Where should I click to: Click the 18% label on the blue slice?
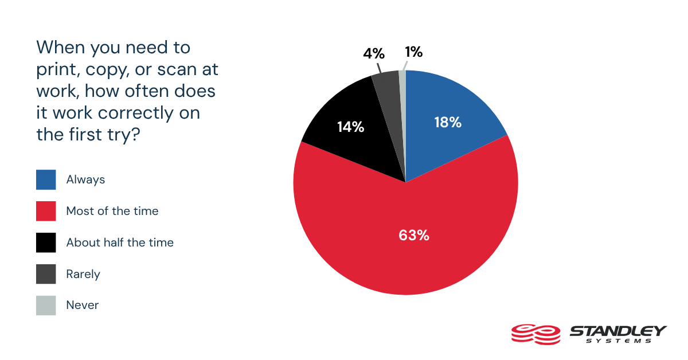coord(447,122)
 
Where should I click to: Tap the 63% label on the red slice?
coord(415,235)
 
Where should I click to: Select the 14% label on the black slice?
coord(350,127)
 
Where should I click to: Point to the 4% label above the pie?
coord(373,54)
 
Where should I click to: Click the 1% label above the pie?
coord(413,52)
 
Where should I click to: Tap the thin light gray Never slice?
coord(402,80)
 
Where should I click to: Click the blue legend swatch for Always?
coord(46,179)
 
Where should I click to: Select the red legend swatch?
coord(46,211)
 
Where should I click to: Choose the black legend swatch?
coord(46,242)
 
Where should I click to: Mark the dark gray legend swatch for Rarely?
coord(46,274)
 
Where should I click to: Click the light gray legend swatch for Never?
coord(46,306)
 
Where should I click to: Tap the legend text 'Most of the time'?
coord(112,211)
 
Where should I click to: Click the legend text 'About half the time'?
coord(120,242)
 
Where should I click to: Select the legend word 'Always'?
coord(86,179)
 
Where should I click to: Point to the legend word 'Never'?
coord(83,306)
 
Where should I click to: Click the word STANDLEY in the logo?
coord(617,331)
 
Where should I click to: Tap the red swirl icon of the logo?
coord(534,333)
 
